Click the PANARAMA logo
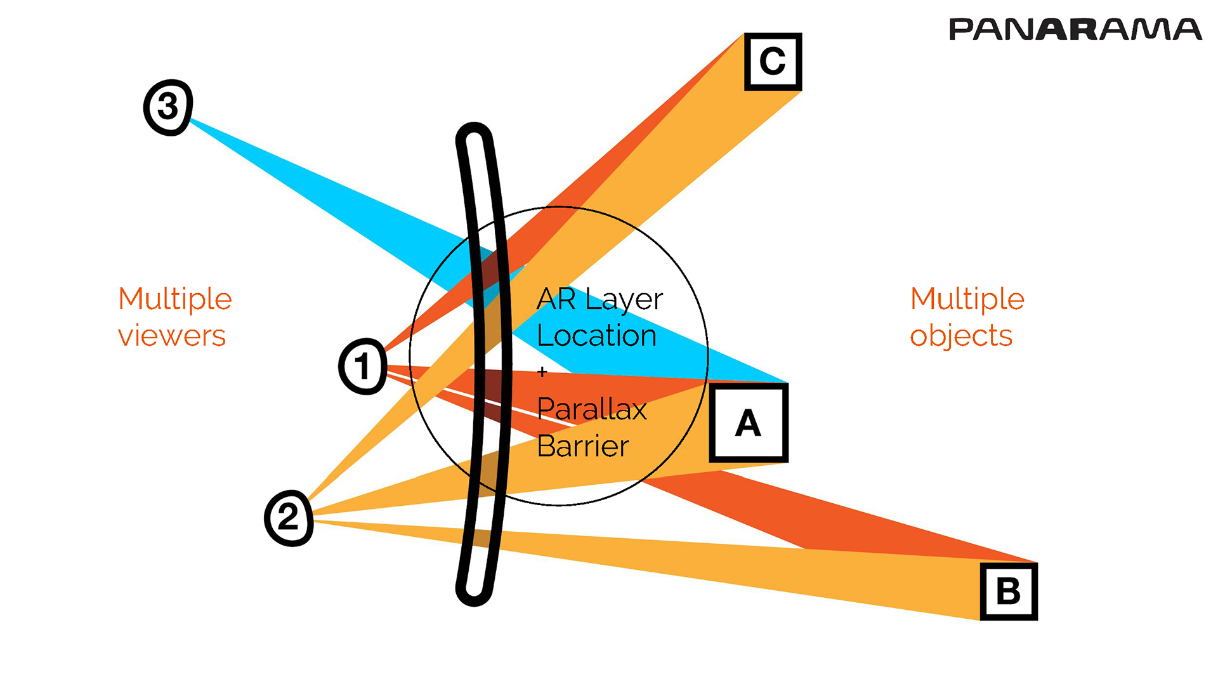[x=1075, y=30]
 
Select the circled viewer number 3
[x=168, y=107]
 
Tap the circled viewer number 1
[x=362, y=366]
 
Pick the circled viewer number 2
[x=289, y=518]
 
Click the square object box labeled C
[x=773, y=62]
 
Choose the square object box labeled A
[x=749, y=423]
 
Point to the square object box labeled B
[x=1009, y=591]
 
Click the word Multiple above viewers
[x=175, y=299]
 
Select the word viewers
[x=172, y=336]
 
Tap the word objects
[x=961, y=336]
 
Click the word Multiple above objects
[x=967, y=299]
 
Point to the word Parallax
[x=591, y=409]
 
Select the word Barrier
[x=582, y=446]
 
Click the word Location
[x=596, y=336]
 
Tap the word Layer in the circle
[x=624, y=300]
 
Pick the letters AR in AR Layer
[x=556, y=300]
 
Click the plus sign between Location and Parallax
[x=542, y=373]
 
